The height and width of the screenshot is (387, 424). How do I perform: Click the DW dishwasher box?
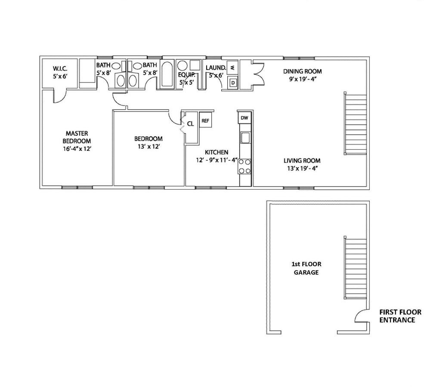(244, 118)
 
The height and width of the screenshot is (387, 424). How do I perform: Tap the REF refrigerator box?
(205, 120)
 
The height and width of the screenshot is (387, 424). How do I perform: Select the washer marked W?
(232, 67)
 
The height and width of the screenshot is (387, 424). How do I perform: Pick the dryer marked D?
(232, 83)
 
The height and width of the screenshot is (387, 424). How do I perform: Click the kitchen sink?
(245, 138)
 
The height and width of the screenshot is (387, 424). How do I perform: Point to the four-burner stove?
(244, 166)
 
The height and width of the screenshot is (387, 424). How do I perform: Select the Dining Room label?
(302, 71)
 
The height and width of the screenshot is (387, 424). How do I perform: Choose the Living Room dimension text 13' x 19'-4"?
(302, 169)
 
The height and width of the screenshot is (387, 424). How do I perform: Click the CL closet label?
(190, 124)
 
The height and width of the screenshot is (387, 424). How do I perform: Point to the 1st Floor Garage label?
(306, 268)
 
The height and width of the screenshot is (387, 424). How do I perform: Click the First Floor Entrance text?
(400, 316)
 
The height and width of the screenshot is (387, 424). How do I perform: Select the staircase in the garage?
(355, 267)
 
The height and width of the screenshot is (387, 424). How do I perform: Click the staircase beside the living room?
(355, 123)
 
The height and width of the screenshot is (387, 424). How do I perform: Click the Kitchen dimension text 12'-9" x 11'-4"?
(217, 160)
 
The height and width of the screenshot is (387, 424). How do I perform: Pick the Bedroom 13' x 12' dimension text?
(149, 147)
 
